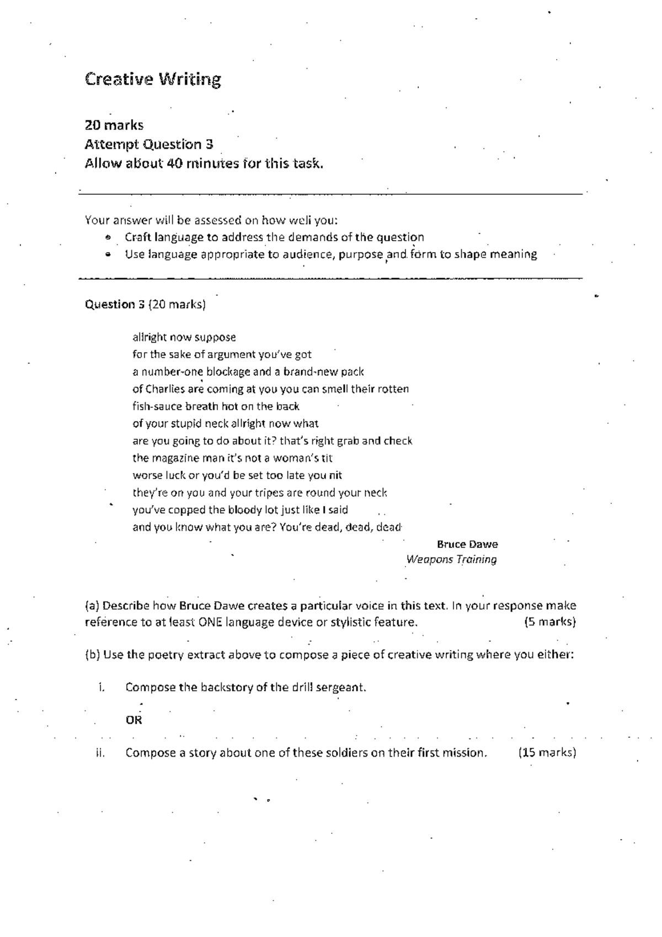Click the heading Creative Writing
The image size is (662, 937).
[153, 80]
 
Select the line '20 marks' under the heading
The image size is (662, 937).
[114, 125]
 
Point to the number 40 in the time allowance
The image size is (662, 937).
[174, 163]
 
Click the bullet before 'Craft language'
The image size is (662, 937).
[108, 238]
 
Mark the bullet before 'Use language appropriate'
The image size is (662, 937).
[108, 255]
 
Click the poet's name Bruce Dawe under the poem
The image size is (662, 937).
[467, 544]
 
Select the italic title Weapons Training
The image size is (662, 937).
[451, 560]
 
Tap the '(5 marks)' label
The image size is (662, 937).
[549, 622]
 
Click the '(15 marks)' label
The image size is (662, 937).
[547, 753]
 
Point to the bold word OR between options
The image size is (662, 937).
[134, 720]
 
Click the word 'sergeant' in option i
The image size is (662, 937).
[344, 688]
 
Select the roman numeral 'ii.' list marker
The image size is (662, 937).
[100, 753]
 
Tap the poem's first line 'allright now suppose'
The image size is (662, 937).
[184, 337]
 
